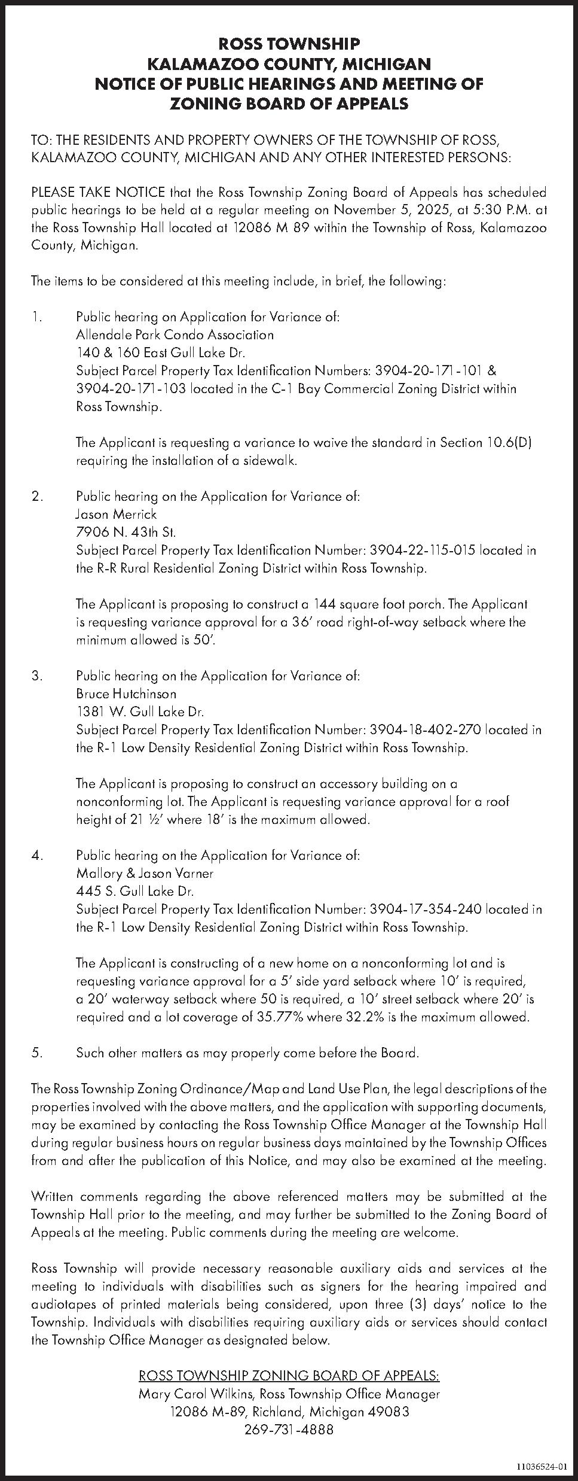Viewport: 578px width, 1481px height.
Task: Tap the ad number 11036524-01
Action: (542, 1462)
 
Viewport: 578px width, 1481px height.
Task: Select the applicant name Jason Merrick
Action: (117, 514)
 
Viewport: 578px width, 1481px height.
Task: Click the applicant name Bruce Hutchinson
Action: (126, 694)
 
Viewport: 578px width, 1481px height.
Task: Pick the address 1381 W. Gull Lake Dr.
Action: (140, 712)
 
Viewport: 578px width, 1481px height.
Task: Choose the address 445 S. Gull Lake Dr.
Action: (135, 891)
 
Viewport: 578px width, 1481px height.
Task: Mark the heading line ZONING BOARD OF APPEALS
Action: (289, 104)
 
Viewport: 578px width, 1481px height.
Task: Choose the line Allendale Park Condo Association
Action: (175, 334)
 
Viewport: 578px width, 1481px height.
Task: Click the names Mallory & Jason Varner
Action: (145, 873)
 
